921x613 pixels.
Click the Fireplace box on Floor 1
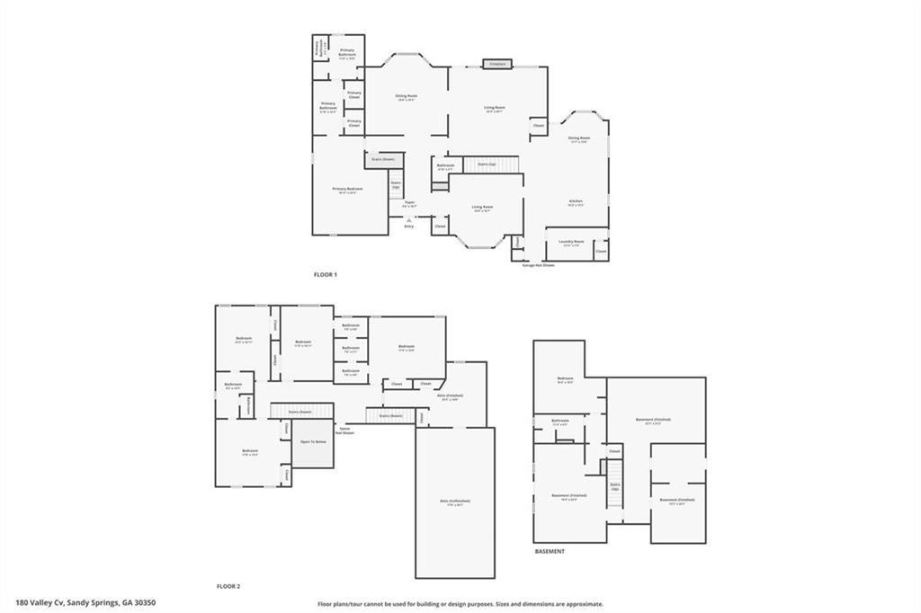point(496,64)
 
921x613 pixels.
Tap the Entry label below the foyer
point(409,227)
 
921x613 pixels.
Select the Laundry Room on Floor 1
point(573,242)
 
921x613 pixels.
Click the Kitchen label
point(576,201)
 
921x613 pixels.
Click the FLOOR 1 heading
point(324,274)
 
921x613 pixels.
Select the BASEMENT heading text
point(550,551)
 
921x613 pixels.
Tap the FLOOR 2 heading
point(228,586)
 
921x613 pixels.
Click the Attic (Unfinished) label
point(454,502)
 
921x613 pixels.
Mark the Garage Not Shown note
point(539,265)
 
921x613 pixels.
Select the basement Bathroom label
point(560,421)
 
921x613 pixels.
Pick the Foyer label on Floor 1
point(409,203)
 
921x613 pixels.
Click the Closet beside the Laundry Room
point(600,252)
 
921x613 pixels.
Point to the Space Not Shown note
point(345,431)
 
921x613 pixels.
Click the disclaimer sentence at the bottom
point(460,604)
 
